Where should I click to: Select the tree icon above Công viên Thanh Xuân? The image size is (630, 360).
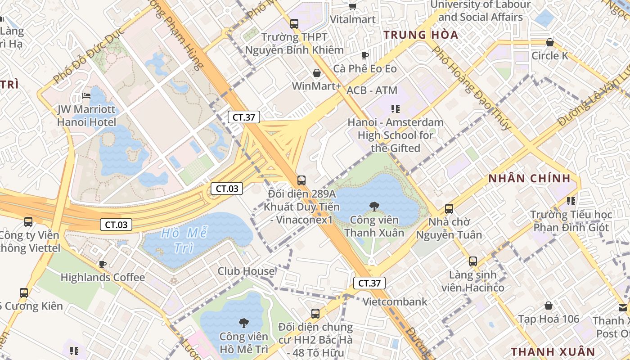[x=373, y=207]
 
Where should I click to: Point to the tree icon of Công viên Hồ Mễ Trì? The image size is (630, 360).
[x=243, y=322]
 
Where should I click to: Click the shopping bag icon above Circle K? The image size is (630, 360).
[x=549, y=43]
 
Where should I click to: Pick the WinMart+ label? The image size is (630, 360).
[x=317, y=86]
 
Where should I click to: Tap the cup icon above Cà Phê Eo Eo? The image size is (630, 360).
[x=364, y=55]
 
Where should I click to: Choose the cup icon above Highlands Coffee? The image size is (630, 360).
[x=103, y=264]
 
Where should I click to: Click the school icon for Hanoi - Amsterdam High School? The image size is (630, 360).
[x=396, y=108]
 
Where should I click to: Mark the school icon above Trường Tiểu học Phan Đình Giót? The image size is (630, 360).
[x=571, y=201]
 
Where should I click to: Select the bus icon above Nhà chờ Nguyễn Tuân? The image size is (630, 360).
[x=449, y=208]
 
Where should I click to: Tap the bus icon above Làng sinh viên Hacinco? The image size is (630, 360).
[x=472, y=261]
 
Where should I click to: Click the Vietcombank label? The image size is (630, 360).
[x=395, y=301]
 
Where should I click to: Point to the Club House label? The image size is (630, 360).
[x=246, y=271]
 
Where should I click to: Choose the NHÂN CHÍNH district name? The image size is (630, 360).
[x=529, y=178]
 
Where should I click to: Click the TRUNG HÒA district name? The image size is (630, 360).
[x=421, y=35]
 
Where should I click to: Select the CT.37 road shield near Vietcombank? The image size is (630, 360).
[x=369, y=283]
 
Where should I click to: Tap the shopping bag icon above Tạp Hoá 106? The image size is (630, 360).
[x=548, y=306]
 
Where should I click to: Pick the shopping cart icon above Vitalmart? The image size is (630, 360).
[x=353, y=6]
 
